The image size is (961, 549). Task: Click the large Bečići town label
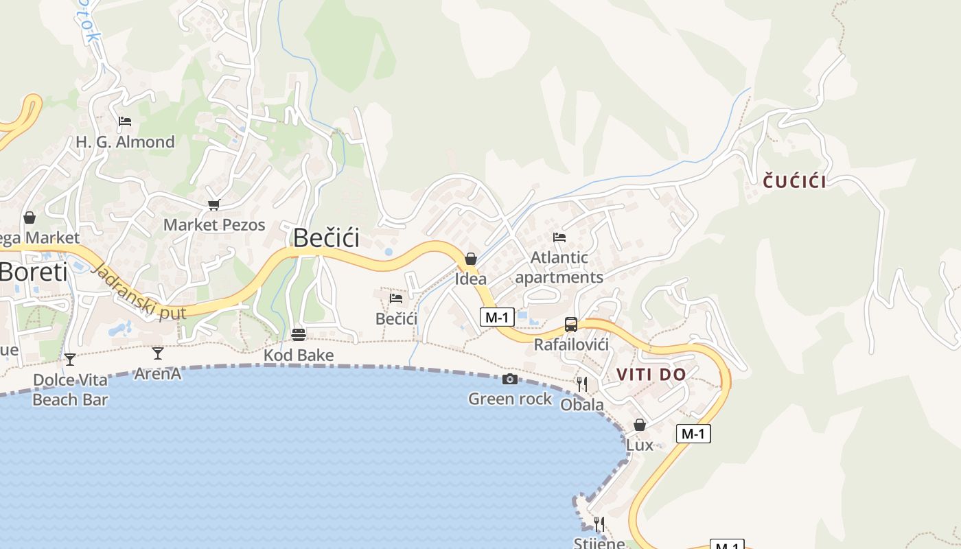[x=326, y=237]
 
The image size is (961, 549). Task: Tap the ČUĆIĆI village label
[x=795, y=182]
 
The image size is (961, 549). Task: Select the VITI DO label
[x=651, y=375]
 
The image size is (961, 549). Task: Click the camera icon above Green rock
[x=509, y=379]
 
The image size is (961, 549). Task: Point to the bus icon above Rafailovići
[x=571, y=325]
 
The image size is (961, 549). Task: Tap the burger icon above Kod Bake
[x=299, y=335]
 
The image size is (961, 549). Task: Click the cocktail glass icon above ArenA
[x=158, y=353]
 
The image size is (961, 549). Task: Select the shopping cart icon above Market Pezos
[x=213, y=205]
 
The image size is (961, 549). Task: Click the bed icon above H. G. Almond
[x=124, y=121]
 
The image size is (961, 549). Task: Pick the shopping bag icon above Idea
[x=471, y=259]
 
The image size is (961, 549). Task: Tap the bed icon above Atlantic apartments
[x=559, y=237]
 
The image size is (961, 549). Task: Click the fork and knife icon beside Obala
[x=581, y=384]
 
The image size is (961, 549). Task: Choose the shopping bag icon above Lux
[x=640, y=425]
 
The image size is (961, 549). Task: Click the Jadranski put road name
[x=138, y=291]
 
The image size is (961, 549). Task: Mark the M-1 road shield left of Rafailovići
[x=497, y=316]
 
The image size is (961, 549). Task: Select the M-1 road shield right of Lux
[x=693, y=434]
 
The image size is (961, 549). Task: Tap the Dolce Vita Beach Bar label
[x=70, y=390]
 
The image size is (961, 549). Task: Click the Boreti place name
[x=34, y=272]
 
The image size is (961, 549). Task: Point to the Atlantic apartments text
[x=559, y=268]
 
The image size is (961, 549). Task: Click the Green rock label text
[x=510, y=399]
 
